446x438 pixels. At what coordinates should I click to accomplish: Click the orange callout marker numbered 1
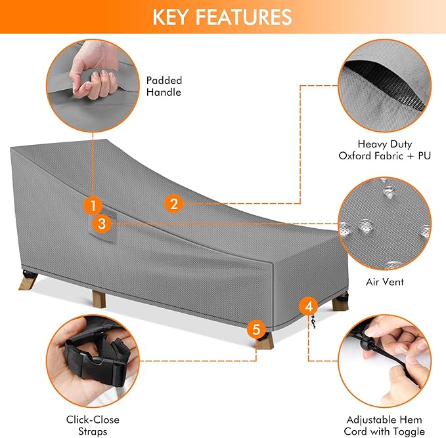point(93,205)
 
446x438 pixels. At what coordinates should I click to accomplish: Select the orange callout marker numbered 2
point(173,204)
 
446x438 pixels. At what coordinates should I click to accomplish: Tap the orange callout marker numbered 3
point(100,224)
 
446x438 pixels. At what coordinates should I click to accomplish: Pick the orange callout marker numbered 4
point(309,306)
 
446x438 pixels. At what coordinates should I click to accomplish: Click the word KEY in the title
point(173,16)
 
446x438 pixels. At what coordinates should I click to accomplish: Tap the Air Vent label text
point(384,282)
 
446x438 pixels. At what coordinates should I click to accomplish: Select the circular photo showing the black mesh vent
point(384,82)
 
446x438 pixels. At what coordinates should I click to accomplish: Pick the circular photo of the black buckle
point(93,360)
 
